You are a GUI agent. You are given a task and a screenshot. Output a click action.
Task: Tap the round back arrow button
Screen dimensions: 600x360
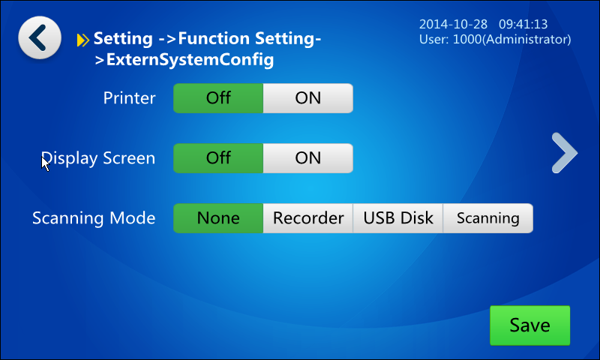coord(40,37)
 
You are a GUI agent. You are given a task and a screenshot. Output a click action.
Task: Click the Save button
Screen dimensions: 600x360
coord(530,325)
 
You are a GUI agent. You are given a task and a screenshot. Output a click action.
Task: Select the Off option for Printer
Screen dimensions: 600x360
coord(218,98)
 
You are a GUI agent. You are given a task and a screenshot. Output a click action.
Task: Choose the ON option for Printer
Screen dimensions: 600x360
coord(308,98)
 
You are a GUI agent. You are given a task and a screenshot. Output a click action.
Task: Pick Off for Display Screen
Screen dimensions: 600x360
coord(218,158)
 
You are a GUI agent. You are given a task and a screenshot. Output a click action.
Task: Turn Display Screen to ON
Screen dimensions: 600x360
coord(308,158)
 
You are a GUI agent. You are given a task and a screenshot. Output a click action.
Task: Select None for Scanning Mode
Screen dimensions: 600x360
coord(218,218)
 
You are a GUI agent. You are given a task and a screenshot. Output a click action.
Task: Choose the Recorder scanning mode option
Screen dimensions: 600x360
coord(308,218)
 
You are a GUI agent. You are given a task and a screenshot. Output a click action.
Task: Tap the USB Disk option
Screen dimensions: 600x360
coord(398,218)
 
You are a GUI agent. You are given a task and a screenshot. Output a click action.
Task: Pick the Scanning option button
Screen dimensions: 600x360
coord(488,218)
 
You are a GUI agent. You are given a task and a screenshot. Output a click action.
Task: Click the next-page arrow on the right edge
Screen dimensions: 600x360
coord(565,153)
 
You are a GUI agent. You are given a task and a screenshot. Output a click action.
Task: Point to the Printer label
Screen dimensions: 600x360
coord(129,98)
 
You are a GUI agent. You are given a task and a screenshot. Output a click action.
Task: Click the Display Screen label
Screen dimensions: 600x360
coord(98,158)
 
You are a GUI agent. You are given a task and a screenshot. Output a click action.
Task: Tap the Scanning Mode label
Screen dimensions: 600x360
coord(94,218)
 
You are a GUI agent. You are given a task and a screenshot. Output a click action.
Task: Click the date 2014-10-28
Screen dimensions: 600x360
coord(453,24)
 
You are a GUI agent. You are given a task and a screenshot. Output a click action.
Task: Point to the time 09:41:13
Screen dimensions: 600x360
coord(523,24)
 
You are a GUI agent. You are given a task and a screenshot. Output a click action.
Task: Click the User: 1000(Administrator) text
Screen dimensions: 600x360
coord(495,40)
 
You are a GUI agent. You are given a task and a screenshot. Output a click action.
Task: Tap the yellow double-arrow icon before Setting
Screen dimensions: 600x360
coord(83,40)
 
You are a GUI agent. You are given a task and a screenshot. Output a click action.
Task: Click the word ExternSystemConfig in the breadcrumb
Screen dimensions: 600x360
coord(190,60)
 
